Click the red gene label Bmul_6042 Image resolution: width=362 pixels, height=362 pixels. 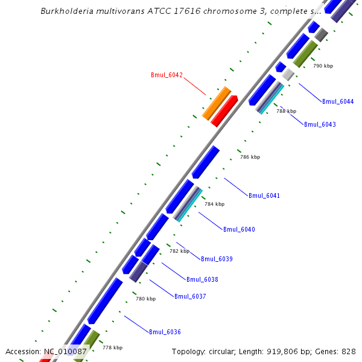[x=167, y=75]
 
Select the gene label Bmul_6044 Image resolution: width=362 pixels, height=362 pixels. [x=338, y=101]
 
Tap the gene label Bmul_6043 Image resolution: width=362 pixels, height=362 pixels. [x=320, y=124]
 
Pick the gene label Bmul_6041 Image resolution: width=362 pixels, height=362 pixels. [x=264, y=195]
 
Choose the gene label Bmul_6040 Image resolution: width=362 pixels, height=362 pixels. [x=239, y=229]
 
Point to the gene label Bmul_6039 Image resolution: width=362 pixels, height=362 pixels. [x=217, y=259]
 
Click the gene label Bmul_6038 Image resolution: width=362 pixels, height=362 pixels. [x=202, y=279]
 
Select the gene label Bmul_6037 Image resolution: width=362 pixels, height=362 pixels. [x=190, y=296]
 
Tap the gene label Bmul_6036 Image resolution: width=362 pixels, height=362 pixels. [x=165, y=332]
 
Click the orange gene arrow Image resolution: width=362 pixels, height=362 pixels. [x=217, y=103]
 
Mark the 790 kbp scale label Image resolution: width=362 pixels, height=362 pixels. [x=323, y=66]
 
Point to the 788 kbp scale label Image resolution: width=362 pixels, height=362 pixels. [x=287, y=111]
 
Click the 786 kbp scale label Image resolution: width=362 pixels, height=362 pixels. [x=250, y=157]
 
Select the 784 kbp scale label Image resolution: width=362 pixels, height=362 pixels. [x=214, y=204]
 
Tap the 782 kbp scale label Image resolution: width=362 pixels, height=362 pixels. [x=179, y=251]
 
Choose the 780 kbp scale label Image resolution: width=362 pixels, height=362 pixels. [x=145, y=299]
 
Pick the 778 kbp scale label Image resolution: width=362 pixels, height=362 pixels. [x=112, y=348]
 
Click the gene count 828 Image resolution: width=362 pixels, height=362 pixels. [x=349, y=351]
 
